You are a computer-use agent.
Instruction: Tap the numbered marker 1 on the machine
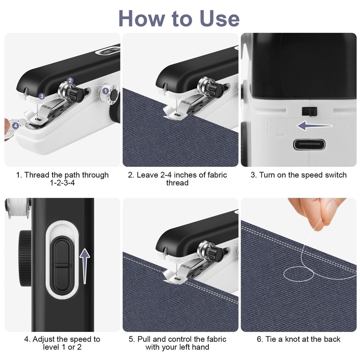106,91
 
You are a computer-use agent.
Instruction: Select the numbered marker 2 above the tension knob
70,81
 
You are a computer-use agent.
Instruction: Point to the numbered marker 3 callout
42,96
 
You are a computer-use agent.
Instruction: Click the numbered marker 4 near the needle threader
15,125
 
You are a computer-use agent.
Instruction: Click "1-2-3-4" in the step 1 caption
62,183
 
